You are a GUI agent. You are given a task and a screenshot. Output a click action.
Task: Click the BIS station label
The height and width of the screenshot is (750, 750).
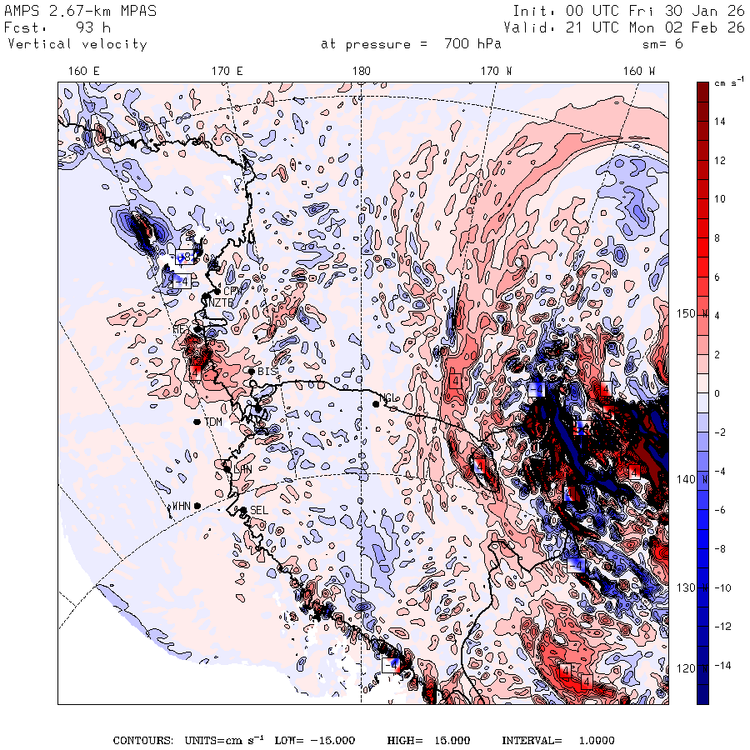[x=267, y=371]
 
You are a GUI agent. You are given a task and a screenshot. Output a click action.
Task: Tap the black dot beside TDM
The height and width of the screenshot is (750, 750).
[x=197, y=422]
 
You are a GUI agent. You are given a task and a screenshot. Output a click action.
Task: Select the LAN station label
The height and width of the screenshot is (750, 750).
[x=243, y=469]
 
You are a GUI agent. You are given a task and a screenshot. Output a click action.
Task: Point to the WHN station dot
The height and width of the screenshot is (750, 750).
[x=197, y=506]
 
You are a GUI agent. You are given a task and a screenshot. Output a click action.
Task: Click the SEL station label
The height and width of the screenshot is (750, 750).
[x=258, y=510]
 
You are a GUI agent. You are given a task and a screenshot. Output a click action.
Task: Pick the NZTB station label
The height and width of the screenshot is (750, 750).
[x=221, y=302]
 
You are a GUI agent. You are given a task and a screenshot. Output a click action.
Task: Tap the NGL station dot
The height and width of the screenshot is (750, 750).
[x=377, y=403]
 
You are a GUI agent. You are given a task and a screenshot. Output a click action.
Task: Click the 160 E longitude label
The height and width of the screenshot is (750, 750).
[x=83, y=72]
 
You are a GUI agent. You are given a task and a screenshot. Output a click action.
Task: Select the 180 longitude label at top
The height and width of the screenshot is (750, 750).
[x=361, y=72]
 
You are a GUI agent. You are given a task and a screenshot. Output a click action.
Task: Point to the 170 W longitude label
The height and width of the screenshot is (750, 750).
[x=497, y=72]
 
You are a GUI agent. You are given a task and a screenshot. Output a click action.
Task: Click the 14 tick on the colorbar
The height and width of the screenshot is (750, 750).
[x=720, y=122]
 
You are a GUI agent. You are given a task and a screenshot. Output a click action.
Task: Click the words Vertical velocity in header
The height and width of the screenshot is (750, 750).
[x=77, y=44]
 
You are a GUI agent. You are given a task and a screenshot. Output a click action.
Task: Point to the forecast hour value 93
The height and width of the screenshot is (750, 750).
[x=87, y=27]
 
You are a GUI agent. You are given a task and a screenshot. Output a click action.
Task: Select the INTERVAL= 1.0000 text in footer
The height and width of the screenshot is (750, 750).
[x=557, y=741]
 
